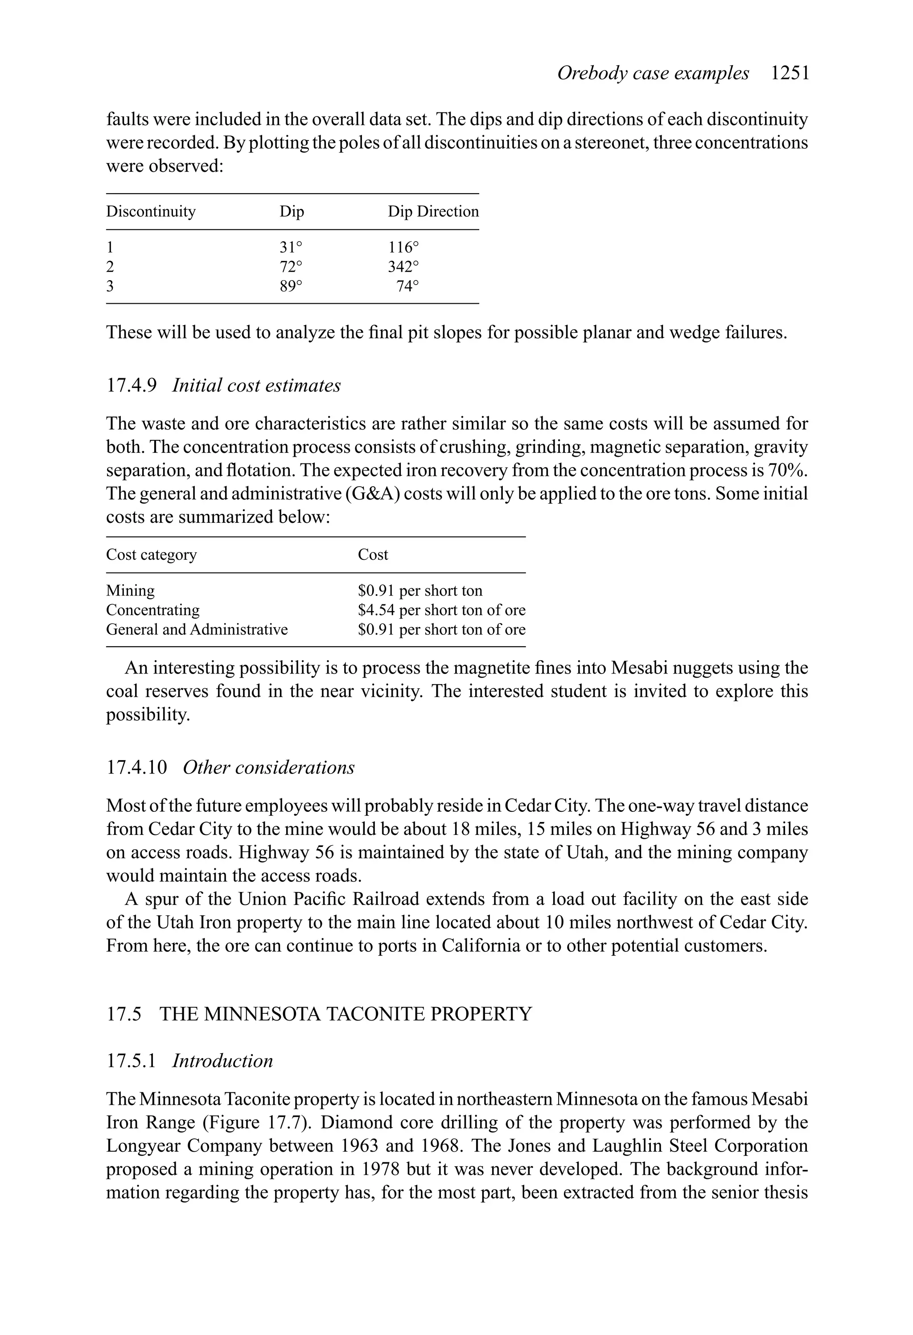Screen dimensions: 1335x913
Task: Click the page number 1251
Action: coord(790,74)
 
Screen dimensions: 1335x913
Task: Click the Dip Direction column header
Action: coord(433,211)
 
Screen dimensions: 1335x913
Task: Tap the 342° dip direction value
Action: coord(403,267)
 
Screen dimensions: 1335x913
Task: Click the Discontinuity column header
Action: coord(151,211)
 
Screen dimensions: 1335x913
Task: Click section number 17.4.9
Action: coord(132,385)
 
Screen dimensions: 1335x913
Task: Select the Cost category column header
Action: coord(152,554)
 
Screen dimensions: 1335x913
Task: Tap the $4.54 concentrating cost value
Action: coord(376,610)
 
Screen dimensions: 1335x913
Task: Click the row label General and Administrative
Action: coord(197,630)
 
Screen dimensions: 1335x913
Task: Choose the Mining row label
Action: coord(130,591)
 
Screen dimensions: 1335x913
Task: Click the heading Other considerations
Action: coord(269,768)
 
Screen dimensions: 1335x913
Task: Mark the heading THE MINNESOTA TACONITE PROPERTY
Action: coord(345,1014)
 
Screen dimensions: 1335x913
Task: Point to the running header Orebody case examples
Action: coord(653,74)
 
